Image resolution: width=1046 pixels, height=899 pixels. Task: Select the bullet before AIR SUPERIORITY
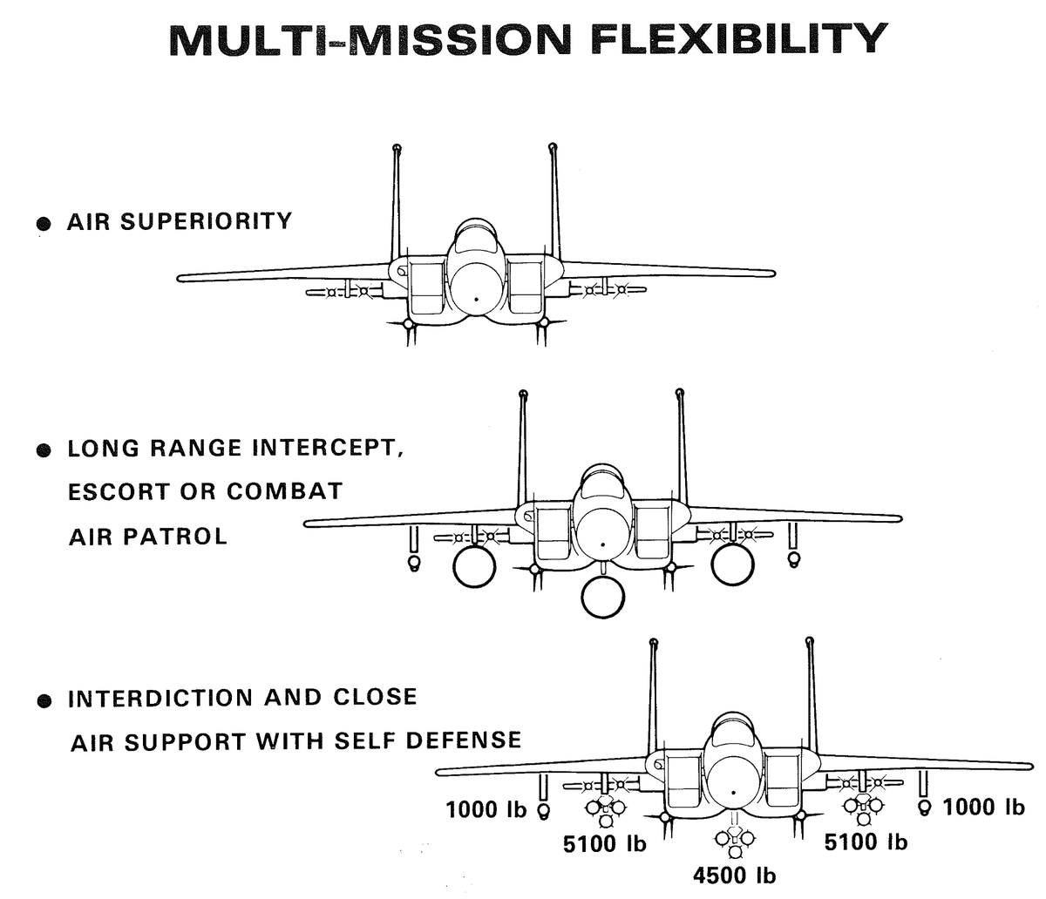point(42,224)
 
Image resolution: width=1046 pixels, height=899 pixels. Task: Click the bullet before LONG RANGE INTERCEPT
point(42,452)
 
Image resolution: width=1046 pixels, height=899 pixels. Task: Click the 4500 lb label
point(734,875)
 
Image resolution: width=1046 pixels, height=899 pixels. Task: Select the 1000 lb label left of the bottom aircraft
point(486,809)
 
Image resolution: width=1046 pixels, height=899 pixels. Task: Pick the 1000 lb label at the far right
point(983,807)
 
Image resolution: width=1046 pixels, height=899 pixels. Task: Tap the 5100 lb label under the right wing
point(866,842)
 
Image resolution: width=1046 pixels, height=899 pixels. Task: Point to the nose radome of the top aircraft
point(476,287)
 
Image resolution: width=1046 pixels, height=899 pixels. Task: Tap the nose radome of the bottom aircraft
point(733,783)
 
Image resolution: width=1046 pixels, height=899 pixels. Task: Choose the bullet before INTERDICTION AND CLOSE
point(42,701)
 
